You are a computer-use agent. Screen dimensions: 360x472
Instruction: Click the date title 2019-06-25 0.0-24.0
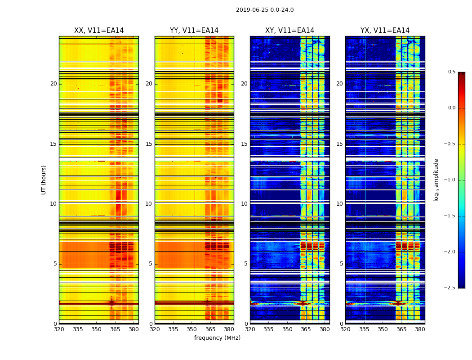click(x=265, y=10)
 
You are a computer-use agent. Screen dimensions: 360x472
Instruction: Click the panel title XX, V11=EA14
click(x=99, y=31)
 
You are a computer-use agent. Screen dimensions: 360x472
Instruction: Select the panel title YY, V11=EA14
click(x=194, y=31)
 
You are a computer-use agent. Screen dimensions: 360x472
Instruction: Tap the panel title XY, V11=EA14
click(x=289, y=31)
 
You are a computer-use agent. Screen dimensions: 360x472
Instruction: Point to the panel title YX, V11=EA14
click(x=385, y=31)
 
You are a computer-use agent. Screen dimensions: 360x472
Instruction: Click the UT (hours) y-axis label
click(x=44, y=180)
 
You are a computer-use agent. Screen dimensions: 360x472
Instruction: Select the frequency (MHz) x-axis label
click(x=217, y=338)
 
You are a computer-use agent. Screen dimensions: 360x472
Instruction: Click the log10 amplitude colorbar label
click(x=436, y=180)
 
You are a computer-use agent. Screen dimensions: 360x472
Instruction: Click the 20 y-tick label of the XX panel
click(x=53, y=84)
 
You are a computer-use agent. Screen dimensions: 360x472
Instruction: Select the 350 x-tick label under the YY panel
click(x=192, y=329)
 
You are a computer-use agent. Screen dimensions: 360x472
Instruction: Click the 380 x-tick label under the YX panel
click(x=420, y=329)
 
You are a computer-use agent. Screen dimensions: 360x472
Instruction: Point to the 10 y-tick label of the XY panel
click(x=244, y=204)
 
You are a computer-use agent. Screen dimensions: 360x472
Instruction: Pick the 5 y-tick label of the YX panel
click(x=341, y=264)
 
